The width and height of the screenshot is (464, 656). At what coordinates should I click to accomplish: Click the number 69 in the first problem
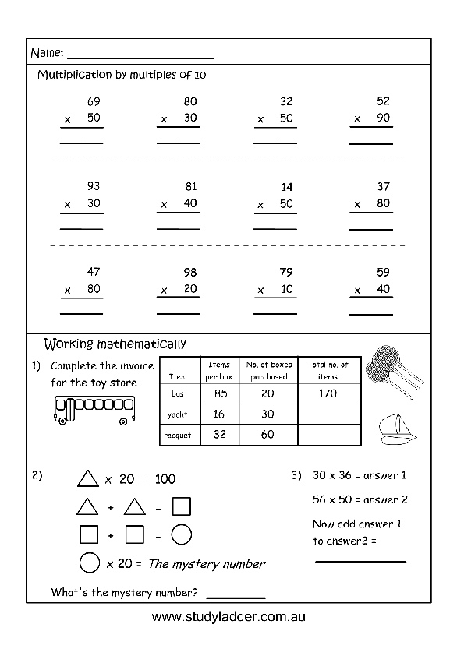point(94,101)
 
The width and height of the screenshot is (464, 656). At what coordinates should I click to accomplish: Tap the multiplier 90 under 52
point(383,118)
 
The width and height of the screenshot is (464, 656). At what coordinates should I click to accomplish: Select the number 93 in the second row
point(94,186)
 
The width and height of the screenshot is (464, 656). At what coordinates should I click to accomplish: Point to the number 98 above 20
point(190,273)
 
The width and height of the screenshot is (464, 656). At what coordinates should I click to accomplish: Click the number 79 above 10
point(286,273)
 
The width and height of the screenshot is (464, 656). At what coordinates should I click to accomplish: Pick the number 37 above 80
point(383,186)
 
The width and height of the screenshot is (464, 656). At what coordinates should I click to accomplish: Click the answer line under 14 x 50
point(275,229)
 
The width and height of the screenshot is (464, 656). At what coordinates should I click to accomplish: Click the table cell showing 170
point(329,393)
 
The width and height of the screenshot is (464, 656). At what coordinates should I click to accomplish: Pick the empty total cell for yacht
point(329,414)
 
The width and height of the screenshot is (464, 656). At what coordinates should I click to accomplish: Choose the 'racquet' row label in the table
point(178,436)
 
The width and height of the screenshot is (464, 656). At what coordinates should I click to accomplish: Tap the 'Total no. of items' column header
point(328,371)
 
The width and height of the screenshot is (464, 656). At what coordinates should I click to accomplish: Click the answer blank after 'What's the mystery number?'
point(236,598)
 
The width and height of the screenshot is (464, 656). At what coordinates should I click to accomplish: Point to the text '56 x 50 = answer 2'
point(360,499)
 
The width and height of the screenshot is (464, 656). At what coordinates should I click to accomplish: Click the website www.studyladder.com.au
point(228,617)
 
